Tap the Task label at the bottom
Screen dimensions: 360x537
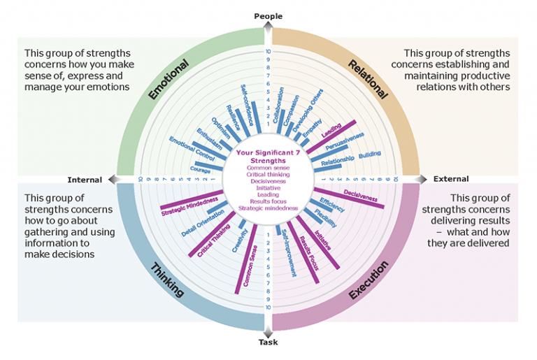pyautogui.click(x=268, y=343)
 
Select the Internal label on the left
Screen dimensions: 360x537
pyautogui.click(x=85, y=179)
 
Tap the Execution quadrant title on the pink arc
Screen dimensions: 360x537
pyautogui.click(x=369, y=280)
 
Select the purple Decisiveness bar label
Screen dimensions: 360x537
pyautogui.click(x=359, y=196)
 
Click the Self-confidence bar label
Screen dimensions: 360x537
pyautogui.click(x=249, y=101)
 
